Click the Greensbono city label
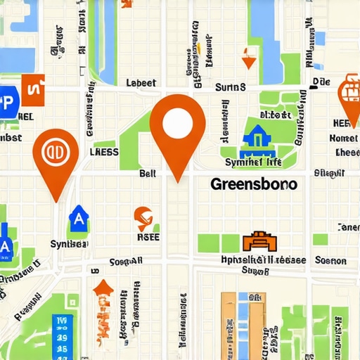[x=253, y=184]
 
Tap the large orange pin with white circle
[x=177, y=125]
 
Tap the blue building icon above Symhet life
[x=254, y=139]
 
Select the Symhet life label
[x=252, y=162]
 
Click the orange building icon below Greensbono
[x=257, y=242]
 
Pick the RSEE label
[x=147, y=237]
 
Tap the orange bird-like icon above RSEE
[x=143, y=218]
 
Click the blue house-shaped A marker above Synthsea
[x=78, y=221]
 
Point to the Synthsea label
[x=69, y=244]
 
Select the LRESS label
[x=105, y=150]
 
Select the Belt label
[x=148, y=172]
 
